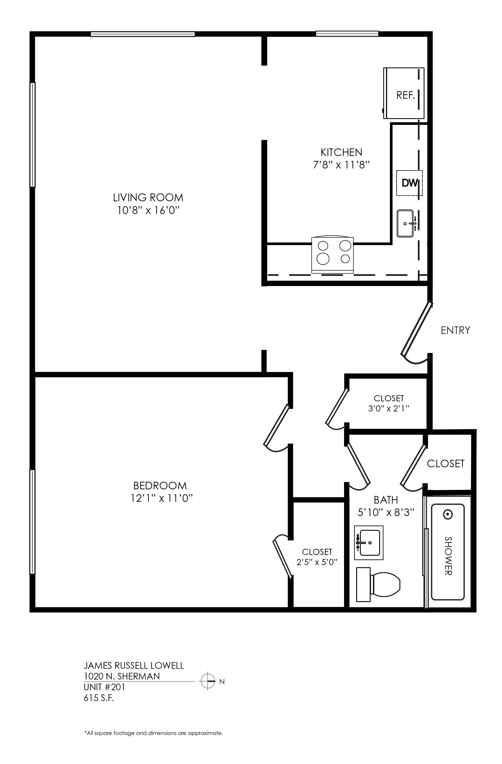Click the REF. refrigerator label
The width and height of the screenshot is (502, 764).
tap(405, 95)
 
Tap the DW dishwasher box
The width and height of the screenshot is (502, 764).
tap(409, 183)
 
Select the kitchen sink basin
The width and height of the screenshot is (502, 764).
tap(405, 223)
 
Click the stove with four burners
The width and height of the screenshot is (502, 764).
tap(332, 255)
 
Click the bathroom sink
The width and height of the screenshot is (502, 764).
tap(369, 543)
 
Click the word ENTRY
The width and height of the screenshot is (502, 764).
tap(456, 330)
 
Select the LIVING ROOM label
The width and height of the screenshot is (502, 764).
tap(148, 197)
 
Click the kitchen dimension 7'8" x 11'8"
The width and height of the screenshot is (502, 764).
tap(341, 165)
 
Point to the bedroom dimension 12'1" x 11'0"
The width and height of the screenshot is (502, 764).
tap(161, 498)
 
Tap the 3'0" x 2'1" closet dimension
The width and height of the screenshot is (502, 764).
tap(388, 408)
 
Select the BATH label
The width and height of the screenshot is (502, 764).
tap(386, 500)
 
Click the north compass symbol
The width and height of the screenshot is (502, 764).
tap(208, 681)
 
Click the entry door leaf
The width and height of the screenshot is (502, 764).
tap(416, 328)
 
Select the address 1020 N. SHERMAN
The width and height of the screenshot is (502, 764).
tap(122, 676)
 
